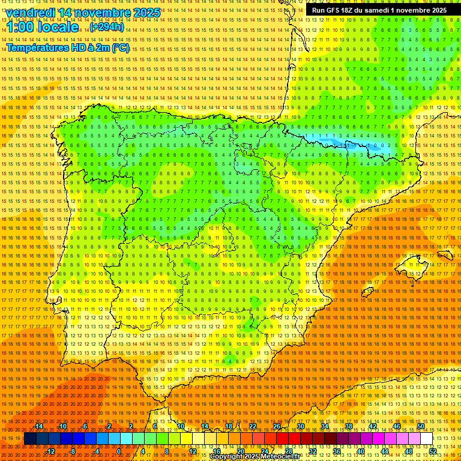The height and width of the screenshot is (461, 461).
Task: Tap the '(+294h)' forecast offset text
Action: pyautogui.click(x=107, y=27)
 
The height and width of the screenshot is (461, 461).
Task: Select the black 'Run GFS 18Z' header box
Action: pyautogui.click(x=379, y=10)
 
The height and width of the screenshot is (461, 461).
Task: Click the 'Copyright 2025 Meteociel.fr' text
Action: pyautogui.click(x=259, y=457)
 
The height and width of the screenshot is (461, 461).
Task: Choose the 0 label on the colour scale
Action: pyautogui.click(x=119, y=451)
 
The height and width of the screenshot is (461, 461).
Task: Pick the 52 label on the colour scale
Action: pyautogui.click(x=433, y=451)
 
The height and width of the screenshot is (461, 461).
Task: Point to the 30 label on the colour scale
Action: pyautogui.click(x=301, y=426)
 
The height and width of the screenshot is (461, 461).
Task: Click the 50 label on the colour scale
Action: pyautogui.click(x=421, y=426)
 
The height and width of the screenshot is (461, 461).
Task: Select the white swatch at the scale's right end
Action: pyautogui.click(x=427, y=439)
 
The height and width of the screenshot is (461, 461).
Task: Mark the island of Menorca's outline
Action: pyautogui.click(x=445, y=255)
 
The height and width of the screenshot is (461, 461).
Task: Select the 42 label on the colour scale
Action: pyautogui.click(x=373, y=426)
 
